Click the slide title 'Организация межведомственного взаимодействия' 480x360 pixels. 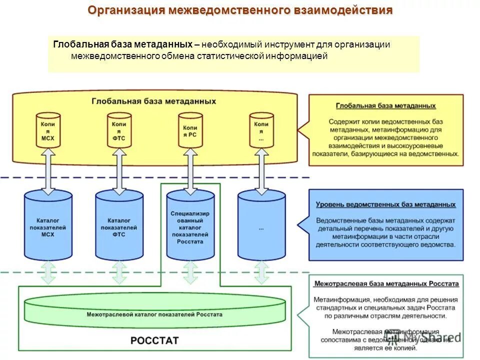pos(240,10)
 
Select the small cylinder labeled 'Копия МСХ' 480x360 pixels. pos(48,130)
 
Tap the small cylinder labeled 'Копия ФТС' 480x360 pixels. pos(119,130)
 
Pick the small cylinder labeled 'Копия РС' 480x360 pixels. pos(190,130)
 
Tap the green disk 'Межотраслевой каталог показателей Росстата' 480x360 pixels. pos(154,315)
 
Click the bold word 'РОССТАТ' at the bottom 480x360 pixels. pos(154,340)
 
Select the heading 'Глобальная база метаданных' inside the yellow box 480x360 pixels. pos(154,101)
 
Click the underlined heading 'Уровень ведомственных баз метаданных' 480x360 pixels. pos(385,204)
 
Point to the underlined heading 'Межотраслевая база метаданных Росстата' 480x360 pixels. pos(386,283)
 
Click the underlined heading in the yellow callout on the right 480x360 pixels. pos(385,106)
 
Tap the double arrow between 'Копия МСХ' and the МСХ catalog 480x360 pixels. pos(48,171)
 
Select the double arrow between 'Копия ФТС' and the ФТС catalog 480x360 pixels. pos(119,171)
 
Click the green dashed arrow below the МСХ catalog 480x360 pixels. pos(48,272)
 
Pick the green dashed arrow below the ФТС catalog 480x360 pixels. pos(119,272)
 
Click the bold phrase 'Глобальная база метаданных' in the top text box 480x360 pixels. pos(122,44)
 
